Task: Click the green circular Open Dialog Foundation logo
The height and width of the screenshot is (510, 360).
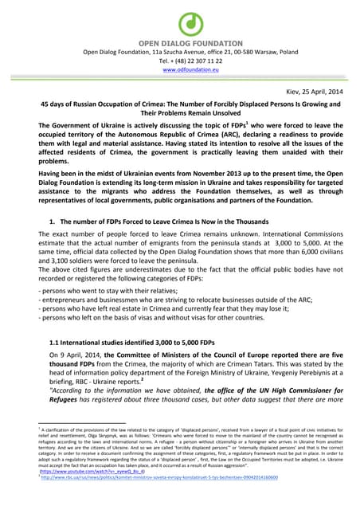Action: pos(179,23)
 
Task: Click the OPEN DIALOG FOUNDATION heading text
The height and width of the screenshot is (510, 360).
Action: pos(180,42)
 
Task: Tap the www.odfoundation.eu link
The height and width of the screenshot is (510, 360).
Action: pos(180,70)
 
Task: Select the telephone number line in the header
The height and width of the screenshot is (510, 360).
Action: pos(180,61)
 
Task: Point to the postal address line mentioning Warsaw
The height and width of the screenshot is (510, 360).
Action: pos(180,52)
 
